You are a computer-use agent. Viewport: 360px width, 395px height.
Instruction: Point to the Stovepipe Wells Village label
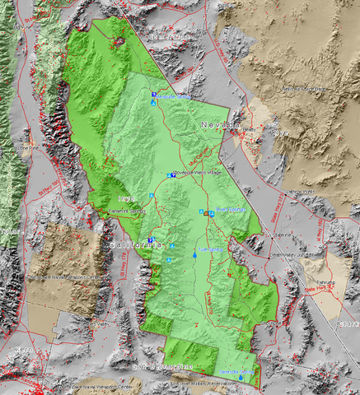197,173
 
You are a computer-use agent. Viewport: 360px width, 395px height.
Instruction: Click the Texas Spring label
231,210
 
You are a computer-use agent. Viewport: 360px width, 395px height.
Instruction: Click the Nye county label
282,132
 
